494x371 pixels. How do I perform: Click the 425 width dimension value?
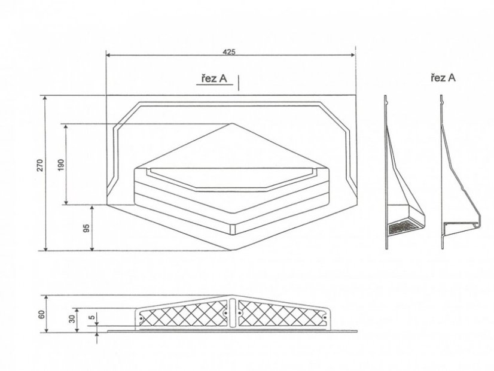(x=229, y=52)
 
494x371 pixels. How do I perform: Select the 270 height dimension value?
(x=40, y=166)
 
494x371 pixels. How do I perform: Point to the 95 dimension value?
(x=86, y=228)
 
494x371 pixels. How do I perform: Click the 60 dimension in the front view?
(x=42, y=315)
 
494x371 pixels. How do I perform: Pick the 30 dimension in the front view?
(x=73, y=319)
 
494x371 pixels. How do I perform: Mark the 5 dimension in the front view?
(x=92, y=318)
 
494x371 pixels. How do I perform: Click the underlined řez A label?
(x=214, y=78)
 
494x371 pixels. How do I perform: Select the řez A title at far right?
(x=443, y=78)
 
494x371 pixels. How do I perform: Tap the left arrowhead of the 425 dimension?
(x=108, y=55)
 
